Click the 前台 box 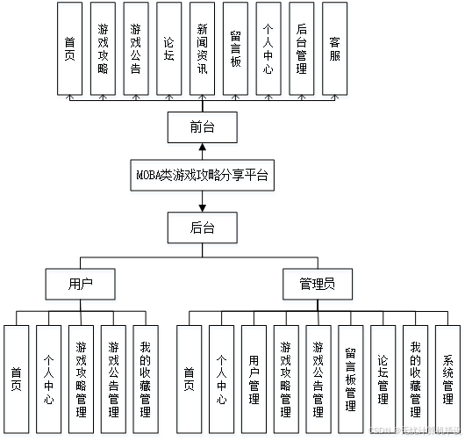point(203,128)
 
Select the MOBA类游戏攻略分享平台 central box point(203,177)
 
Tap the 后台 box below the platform point(203,228)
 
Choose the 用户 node point(81,284)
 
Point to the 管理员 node point(314,284)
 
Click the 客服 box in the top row point(334,47)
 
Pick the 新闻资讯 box point(202,47)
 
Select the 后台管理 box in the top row point(301,47)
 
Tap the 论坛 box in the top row point(168,47)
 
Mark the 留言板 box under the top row point(235,47)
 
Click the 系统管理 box point(447,372)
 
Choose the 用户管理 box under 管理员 point(254,372)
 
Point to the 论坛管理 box point(383,372)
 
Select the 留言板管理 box point(350,372)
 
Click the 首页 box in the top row point(69,47)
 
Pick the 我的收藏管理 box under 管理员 point(415,372)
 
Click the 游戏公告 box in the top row point(135,47)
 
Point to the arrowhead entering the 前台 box point(203,148)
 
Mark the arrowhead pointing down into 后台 point(203,209)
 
